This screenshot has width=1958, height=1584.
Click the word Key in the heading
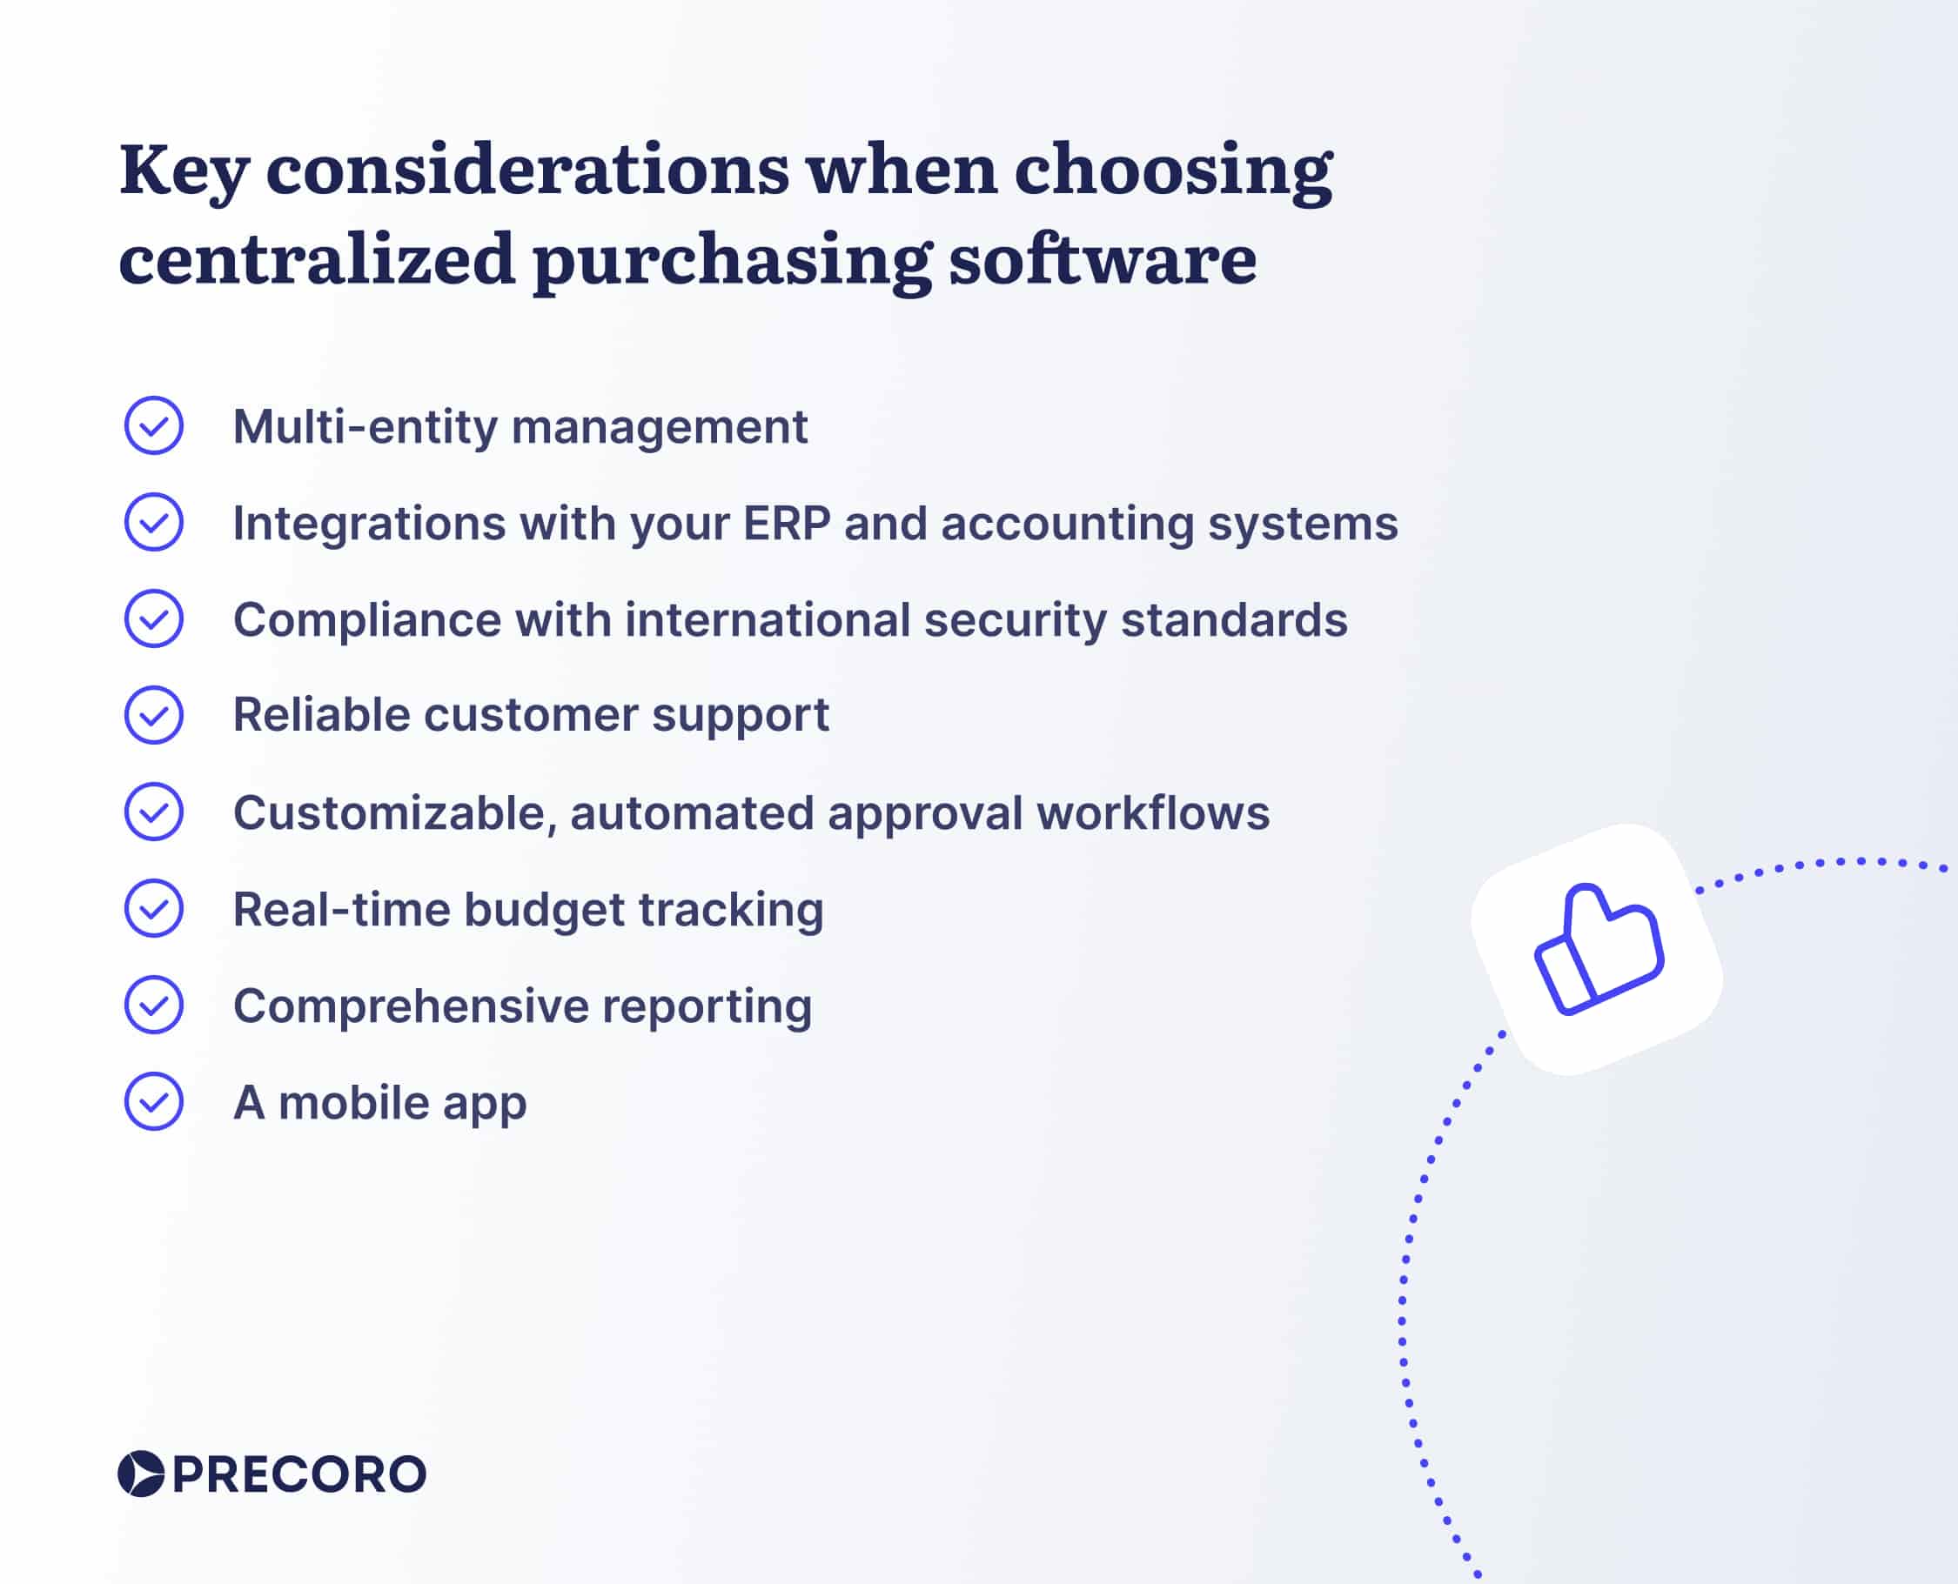(184, 170)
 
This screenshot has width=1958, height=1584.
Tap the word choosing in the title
(1172, 170)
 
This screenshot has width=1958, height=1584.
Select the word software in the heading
(1102, 260)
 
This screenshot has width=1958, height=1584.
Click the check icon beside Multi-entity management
(153, 425)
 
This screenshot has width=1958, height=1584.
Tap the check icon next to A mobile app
(153, 1101)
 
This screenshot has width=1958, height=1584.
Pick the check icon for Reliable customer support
(153, 714)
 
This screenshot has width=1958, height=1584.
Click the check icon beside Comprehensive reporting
(153, 1005)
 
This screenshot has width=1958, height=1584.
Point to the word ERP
(786, 524)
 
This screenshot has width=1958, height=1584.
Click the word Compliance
(367, 620)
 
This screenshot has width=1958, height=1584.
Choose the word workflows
(1152, 813)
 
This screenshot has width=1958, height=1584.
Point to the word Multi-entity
(365, 427)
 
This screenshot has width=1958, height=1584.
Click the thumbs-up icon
(1598, 949)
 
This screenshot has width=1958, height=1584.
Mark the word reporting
(706, 1006)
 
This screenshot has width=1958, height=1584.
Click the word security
(1014, 620)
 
